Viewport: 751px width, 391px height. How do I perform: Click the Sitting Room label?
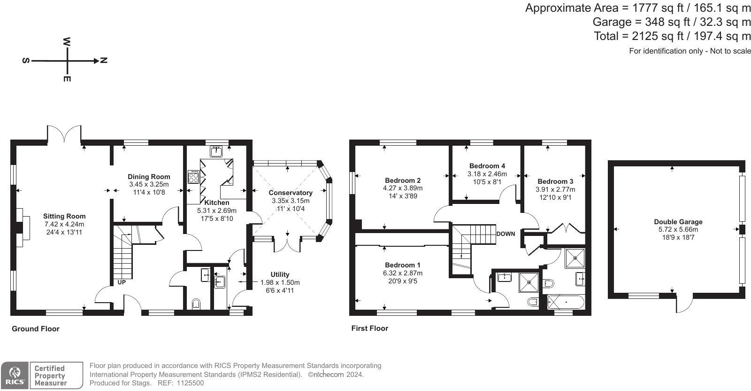(64, 216)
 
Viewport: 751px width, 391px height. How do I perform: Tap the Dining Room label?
(149, 177)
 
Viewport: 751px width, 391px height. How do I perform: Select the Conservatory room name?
(291, 193)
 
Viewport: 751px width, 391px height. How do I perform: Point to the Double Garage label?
(678, 221)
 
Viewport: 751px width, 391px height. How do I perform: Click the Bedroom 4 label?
(487, 166)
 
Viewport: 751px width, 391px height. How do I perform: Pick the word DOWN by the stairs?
(506, 234)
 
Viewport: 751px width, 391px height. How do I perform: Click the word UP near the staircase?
(122, 282)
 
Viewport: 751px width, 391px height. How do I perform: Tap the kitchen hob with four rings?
(193, 177)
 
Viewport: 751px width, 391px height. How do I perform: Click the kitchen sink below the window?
(216, 152)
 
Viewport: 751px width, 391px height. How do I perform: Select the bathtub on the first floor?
(566, 302)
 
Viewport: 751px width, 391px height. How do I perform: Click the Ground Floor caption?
(36, 328)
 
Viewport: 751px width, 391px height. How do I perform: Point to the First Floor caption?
(369, 328)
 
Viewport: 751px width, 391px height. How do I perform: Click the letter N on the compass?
(104, 61)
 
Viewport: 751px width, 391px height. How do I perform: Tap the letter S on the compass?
(26, 61)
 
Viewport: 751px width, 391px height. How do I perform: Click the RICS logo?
(15, 375)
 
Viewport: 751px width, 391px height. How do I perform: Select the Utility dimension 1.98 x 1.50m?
(280, 282)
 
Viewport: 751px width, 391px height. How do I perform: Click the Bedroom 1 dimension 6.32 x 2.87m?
(403, 273)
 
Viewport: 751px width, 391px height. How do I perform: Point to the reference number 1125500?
(190, 383)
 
